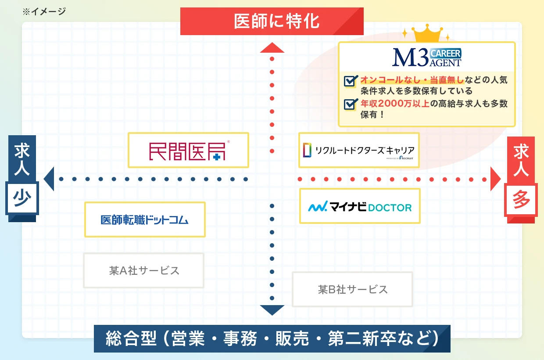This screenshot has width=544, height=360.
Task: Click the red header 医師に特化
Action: [x=272, y=21]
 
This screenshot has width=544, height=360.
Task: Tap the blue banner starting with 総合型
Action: [x=272, y=338]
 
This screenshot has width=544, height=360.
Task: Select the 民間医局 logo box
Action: [x=188, y=150]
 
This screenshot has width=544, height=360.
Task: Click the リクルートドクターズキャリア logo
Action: [x=359, y=150]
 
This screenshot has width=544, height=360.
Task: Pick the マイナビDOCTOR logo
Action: [x=360, y=206]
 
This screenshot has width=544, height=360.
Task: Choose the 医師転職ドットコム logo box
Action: [x=145, y=220]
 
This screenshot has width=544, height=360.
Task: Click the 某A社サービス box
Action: [x=144, y=270]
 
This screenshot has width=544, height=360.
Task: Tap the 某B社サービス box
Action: [x=352, y=289]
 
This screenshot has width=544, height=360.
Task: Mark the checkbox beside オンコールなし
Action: [x=350, y=81]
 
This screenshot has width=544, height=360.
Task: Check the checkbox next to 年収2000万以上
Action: [x=350, y=104]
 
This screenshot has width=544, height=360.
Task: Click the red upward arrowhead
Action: [x=272, y=48]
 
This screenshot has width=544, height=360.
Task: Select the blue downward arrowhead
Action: [x=272, y=310]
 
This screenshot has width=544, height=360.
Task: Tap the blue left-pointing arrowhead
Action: [x=49, y=179]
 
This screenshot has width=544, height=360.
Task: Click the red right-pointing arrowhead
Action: [x=495, y=179]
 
